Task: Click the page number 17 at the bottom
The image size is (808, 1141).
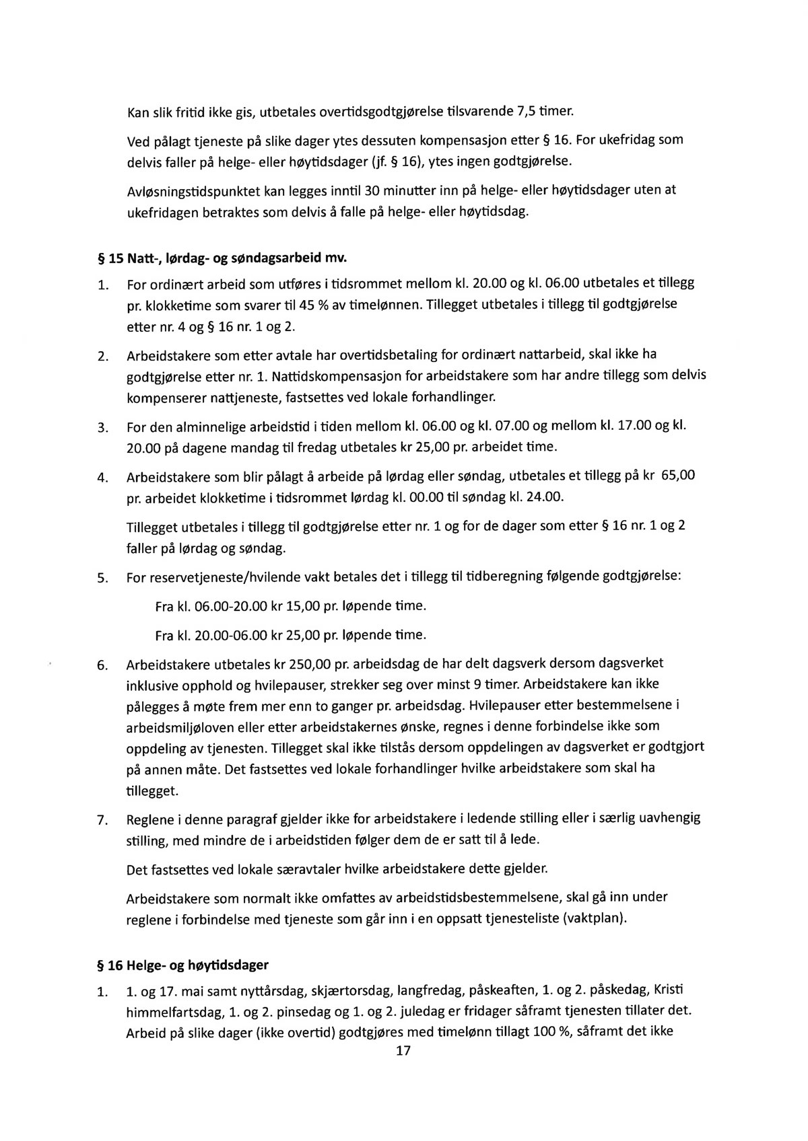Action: (403, 1052)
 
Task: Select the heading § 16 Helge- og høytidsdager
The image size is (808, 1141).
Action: (183, 965)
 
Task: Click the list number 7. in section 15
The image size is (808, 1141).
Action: (102, 819)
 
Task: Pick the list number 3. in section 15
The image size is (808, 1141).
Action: (102, 428)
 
